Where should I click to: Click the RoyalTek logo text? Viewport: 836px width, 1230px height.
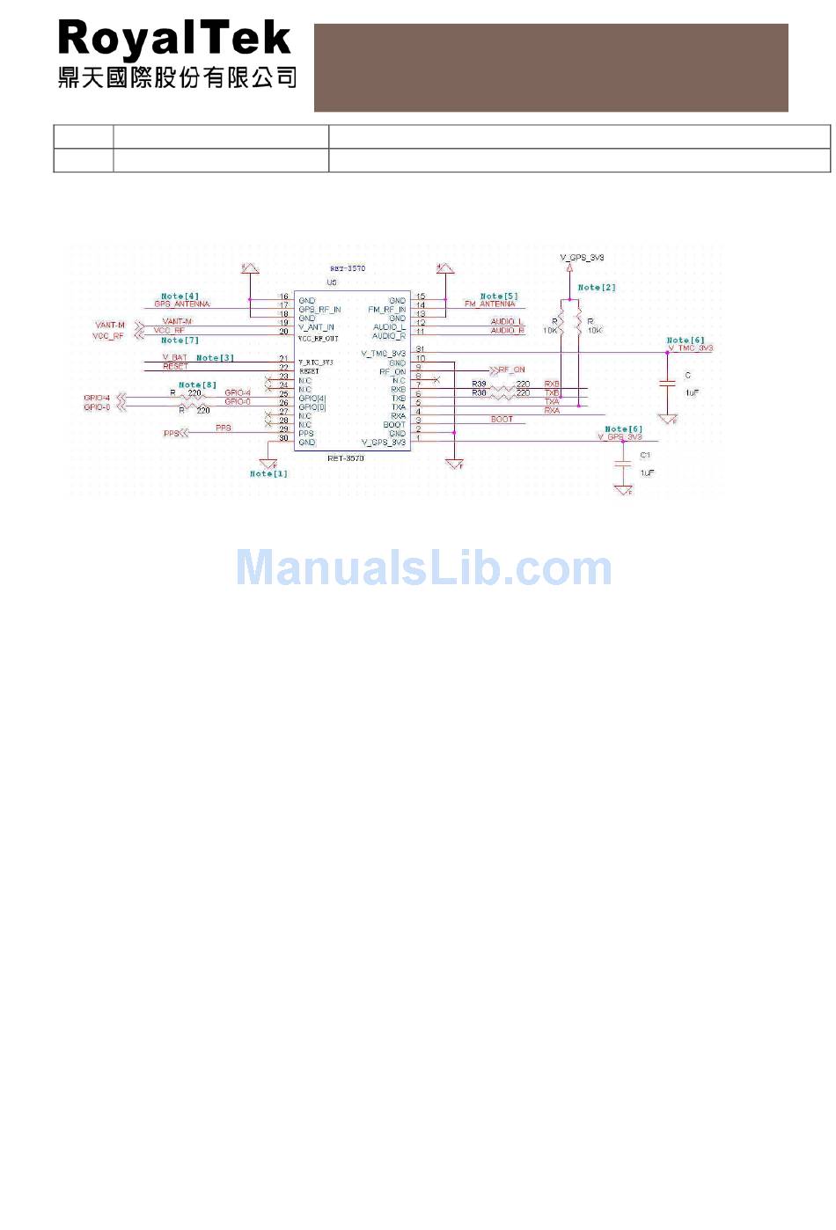[174, 40]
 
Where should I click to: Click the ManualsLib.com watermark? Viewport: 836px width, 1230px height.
[423, 568]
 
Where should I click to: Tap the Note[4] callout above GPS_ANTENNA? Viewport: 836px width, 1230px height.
[180, 297]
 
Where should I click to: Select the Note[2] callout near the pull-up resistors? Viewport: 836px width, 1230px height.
[597, 288]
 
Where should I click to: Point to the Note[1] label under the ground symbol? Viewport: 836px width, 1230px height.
[268, 473]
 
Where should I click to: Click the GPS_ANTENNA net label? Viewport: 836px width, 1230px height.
[182, 304]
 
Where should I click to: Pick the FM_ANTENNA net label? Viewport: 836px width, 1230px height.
[490, 304]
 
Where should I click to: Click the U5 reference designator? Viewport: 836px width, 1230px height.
[332, 282]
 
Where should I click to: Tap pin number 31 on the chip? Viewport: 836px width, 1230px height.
[421, 349]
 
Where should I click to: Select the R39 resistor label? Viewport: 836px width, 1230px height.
[479, 384]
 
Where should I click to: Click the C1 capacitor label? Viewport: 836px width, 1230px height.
[645, 455]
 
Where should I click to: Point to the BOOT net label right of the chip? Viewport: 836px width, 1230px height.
[502, 419]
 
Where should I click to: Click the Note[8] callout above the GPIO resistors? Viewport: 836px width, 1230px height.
[197, 384]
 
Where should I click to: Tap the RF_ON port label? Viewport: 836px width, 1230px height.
[511, 370]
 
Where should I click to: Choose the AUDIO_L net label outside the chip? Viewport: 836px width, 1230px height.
[507, 322]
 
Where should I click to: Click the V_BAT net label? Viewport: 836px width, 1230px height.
[175, 358]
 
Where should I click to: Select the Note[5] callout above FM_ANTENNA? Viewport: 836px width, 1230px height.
[499, 297]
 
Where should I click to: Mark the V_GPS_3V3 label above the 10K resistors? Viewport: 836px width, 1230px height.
[583, 258]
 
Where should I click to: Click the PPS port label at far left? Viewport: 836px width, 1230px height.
[172, 434]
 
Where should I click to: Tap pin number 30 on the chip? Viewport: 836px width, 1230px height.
[283, 438]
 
